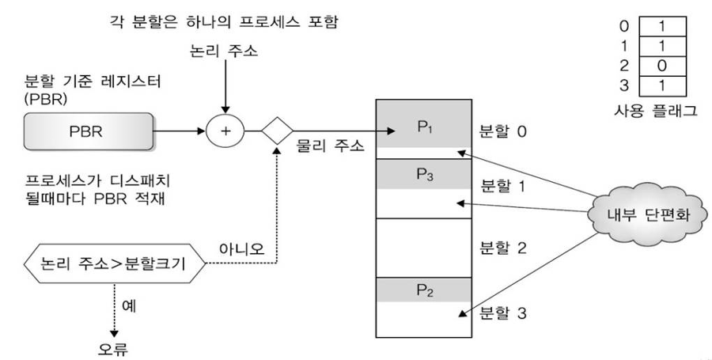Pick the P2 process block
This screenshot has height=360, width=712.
pyautogui.click(x=425, y=289)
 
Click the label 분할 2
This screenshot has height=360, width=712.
pyautogui.click(x=503, y=247)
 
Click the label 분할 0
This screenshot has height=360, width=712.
pyautogui.click(x=503, y=131)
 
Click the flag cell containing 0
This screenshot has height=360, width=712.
pyautogui.click(x=661, y=62)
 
